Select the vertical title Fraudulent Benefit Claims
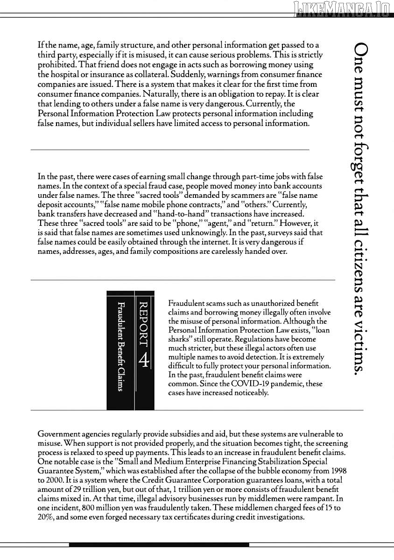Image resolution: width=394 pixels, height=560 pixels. [x=120, y=346]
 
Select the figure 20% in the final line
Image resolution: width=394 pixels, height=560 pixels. [x=46, y=517]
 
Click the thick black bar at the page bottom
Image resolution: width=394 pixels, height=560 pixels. [x=159, y=544]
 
